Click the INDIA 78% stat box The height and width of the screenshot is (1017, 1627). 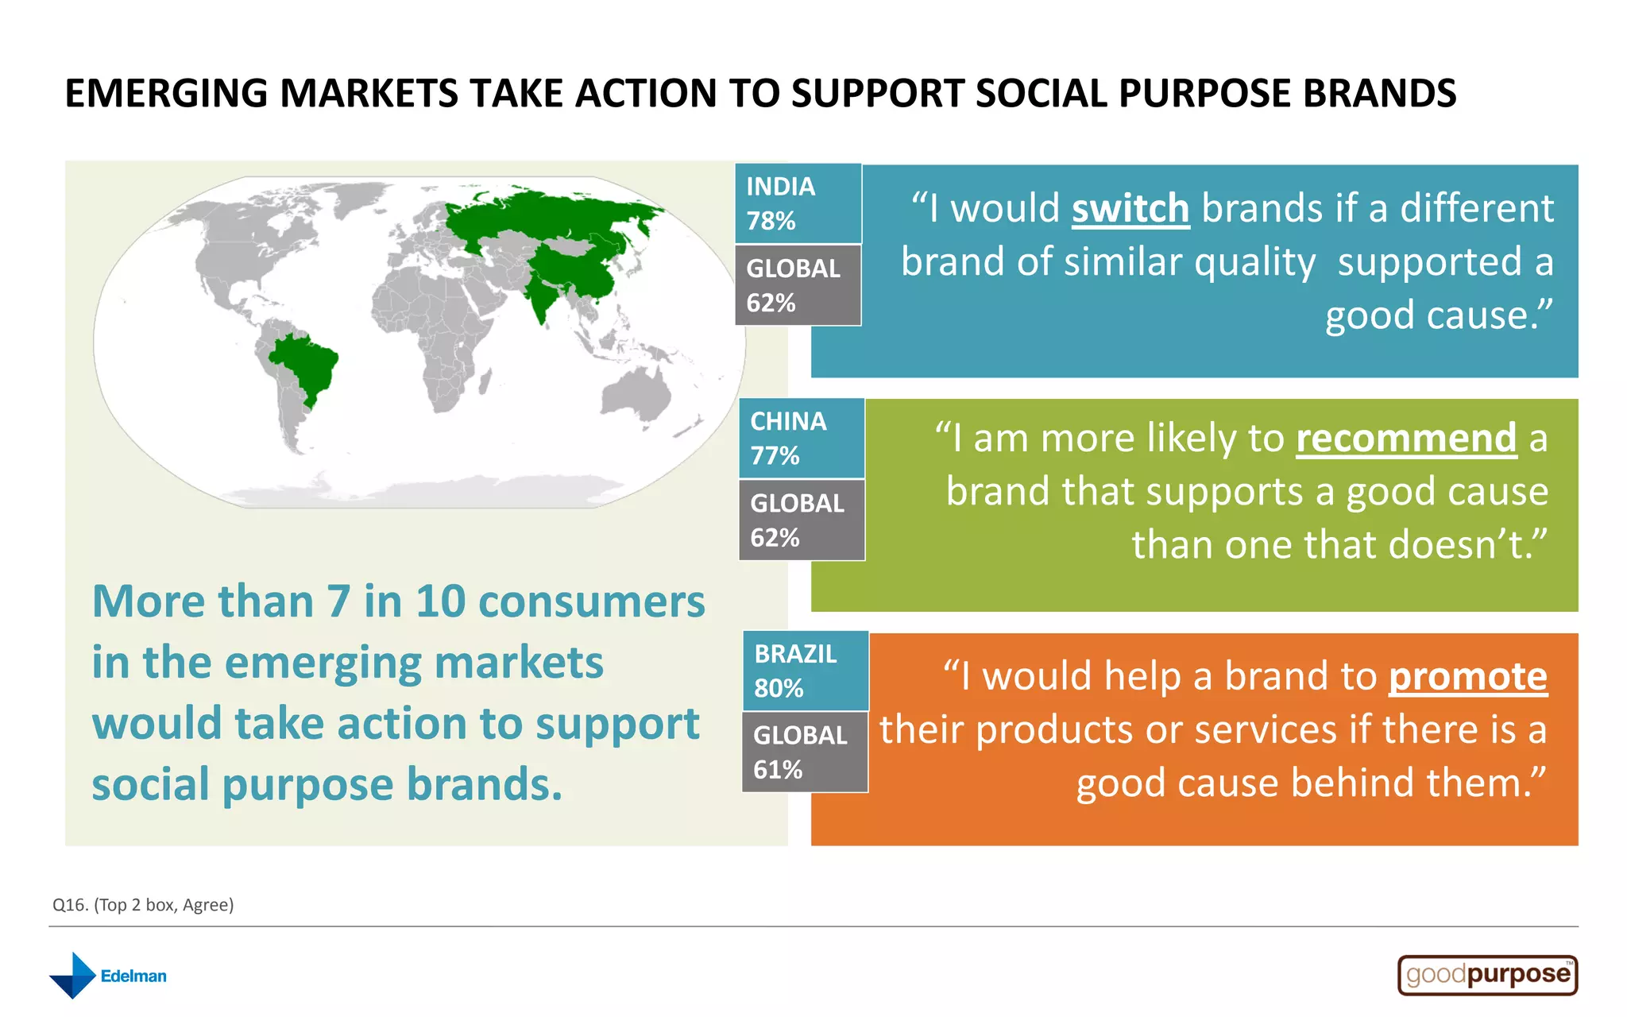coord(798,203)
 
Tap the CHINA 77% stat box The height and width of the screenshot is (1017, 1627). coord(802,438)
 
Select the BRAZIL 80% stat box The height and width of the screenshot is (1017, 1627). coord(806,671)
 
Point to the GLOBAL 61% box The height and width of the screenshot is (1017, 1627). coord(805,752)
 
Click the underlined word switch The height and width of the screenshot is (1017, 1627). coord(1130,209)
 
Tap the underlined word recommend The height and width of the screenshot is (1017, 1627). coord(1406,439)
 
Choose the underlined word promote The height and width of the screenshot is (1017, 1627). coord(1467,677)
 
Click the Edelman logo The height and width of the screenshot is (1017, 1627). coord(108,975)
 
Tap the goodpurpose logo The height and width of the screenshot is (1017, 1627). coord(1487,975)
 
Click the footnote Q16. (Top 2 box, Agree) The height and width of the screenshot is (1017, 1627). coord(143,905)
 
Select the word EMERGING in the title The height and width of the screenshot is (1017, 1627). coord(166,94)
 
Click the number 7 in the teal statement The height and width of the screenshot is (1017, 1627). coord(338,601)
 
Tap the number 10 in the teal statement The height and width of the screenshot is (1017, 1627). coord(440,601)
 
